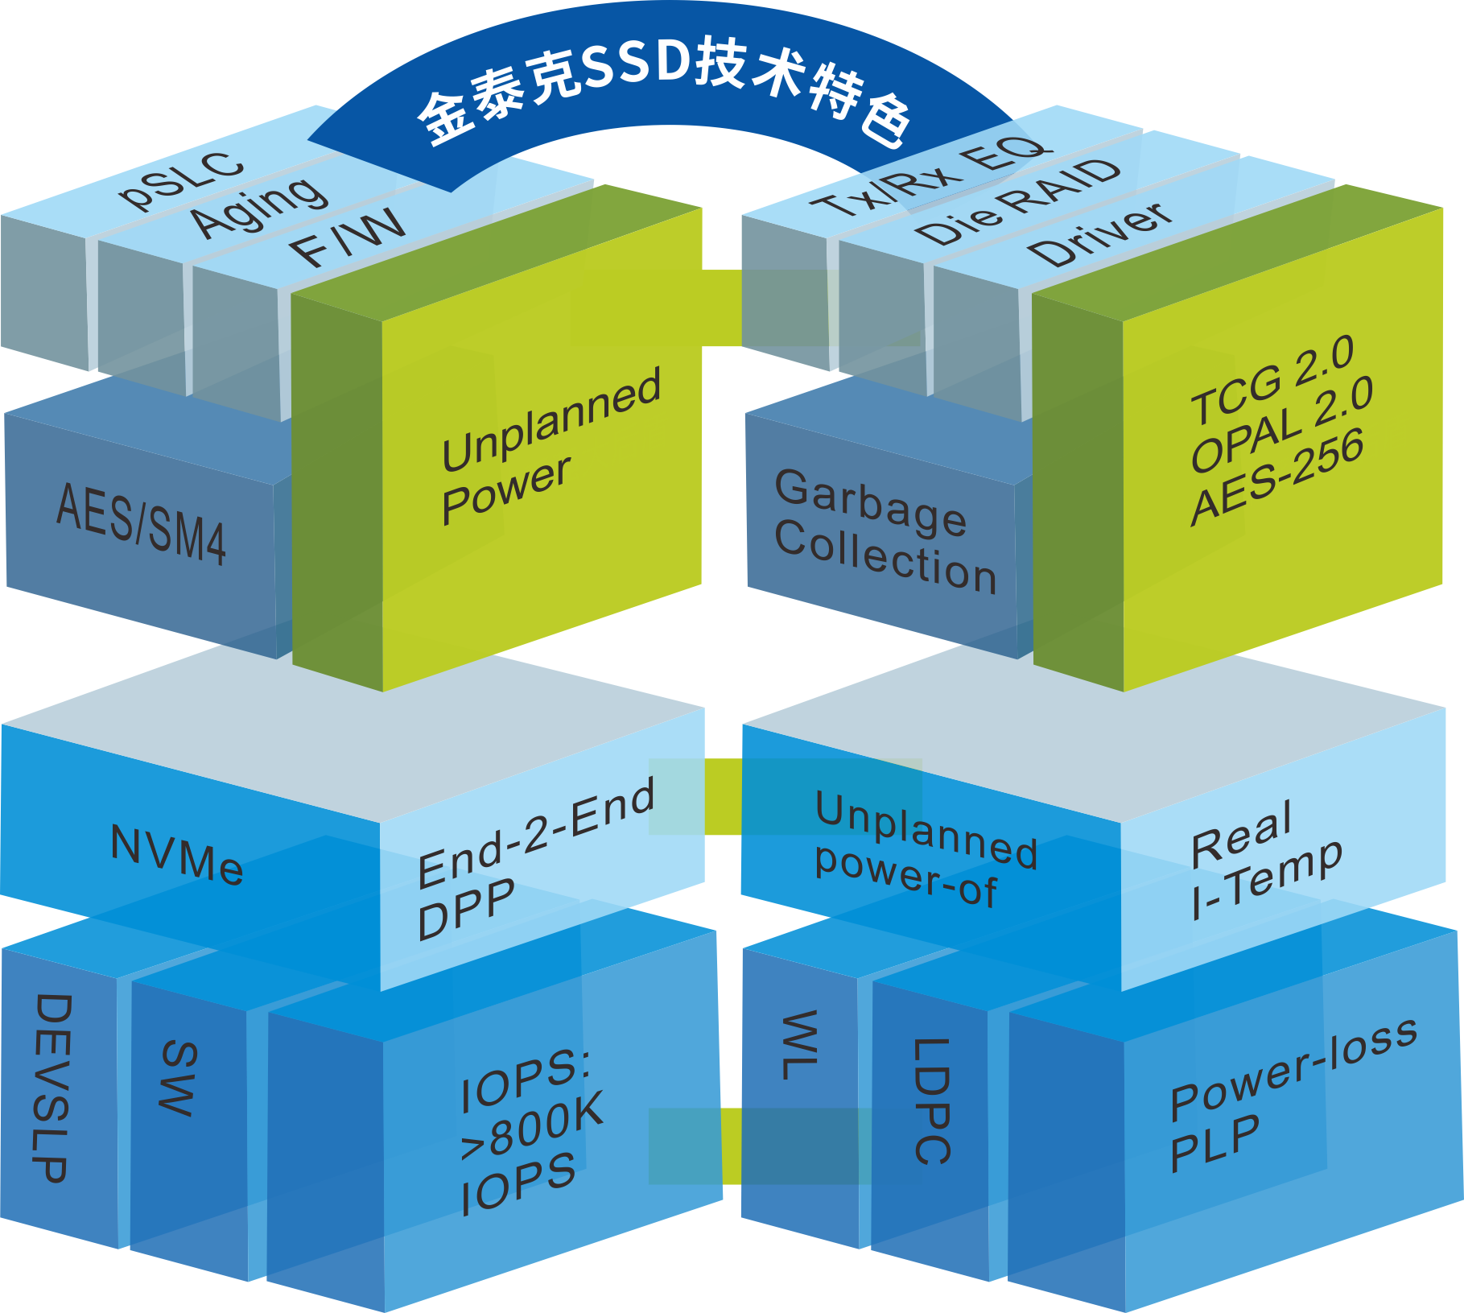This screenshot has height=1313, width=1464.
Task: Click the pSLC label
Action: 181,181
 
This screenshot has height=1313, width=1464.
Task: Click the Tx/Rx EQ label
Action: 930,179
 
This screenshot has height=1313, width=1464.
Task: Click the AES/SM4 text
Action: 141,523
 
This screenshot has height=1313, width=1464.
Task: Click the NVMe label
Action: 177,855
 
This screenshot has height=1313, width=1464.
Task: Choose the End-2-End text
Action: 535,833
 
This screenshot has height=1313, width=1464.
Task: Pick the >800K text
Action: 531,1125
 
